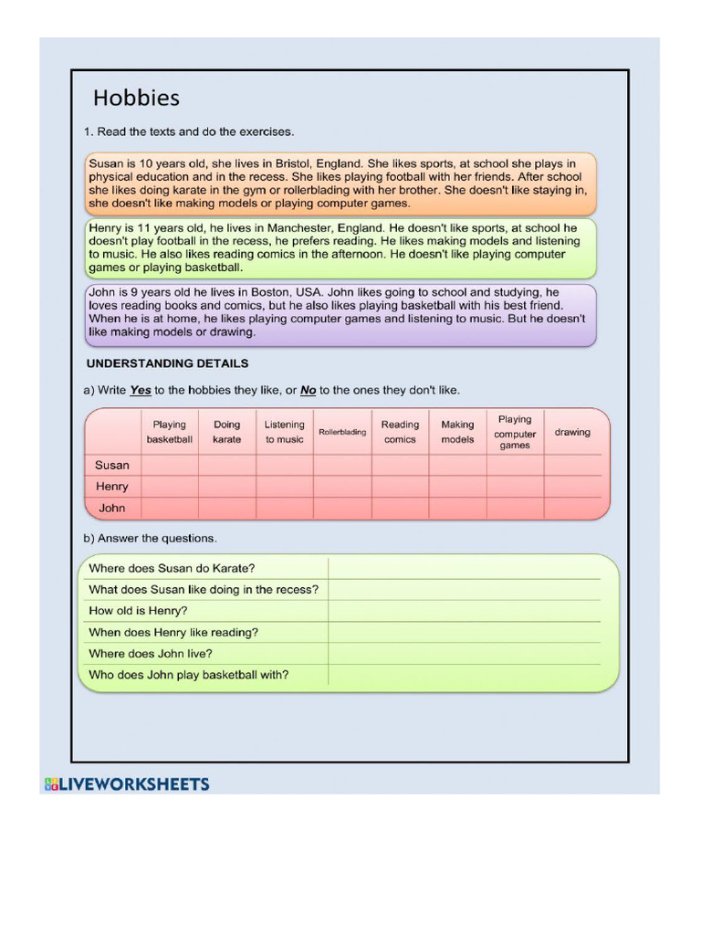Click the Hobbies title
coord(136,98)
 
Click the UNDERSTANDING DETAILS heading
coord(166,363)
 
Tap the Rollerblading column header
coord(342,432)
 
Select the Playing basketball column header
coord(170,432)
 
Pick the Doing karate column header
coord(227,432)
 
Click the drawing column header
coord(572,432)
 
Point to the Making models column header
coord(457,432)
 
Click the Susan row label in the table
coord(112,466)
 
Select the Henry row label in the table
coord(112,487)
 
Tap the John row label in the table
coord(112,508)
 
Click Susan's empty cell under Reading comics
coord(400,466)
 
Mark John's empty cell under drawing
coord(572,508)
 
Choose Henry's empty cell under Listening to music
coord(285,487)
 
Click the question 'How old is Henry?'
coord(138,611)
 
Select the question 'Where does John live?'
coord(151,654)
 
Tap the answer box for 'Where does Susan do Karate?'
coord(466,568)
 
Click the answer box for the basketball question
coord(466,675)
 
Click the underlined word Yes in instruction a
coord(141,390)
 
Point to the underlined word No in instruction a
coord(309,390)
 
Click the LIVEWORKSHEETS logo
coord(127,783)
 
